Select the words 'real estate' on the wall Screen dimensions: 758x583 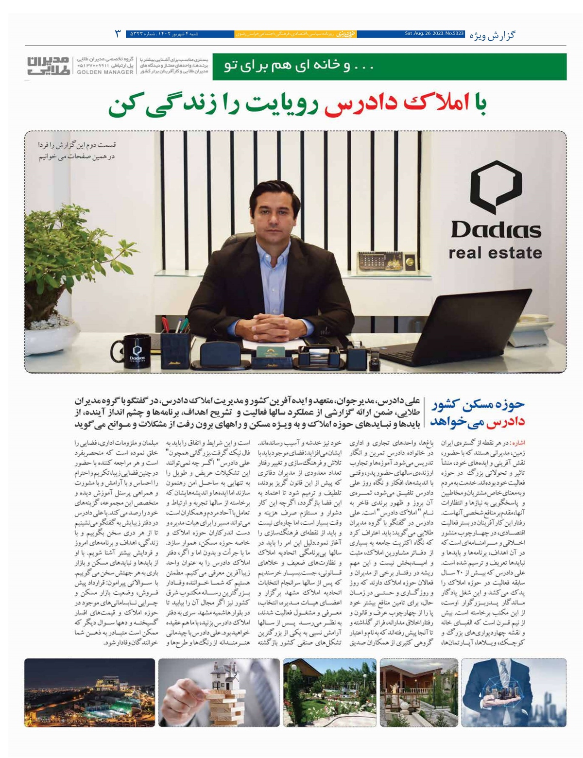pos(495,253)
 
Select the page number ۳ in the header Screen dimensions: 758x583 pos(118,34)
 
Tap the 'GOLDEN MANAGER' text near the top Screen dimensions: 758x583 pos(104,72)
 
